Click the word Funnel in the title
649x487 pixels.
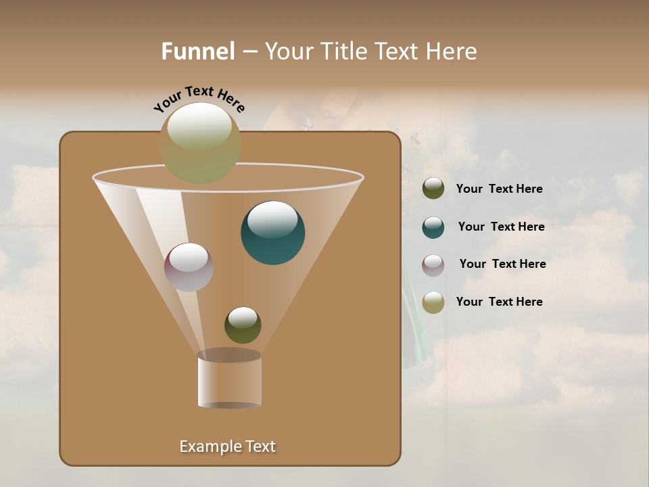[x=197, y=51]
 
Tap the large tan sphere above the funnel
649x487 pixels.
[x=200, y=143]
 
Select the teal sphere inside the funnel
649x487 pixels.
[x=272, y=233]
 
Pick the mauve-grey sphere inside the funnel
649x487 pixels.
[x=189, y=267]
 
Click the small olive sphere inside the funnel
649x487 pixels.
[x=243, y=325]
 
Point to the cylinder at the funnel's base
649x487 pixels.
[x=229, y=380]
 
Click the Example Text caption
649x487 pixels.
[x=227, y=446]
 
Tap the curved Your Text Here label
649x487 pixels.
[x=199, y=99]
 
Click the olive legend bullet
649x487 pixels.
[x=433, y=189]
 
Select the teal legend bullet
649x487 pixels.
[x=433, y=227]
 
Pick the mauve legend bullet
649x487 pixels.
[x=433, y=264]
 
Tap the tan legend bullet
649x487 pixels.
[x=433, y=302]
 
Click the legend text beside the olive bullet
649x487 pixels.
[x=499, y=189]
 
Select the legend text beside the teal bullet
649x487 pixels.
[x=501, y=227]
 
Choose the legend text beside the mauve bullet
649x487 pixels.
[x=502, y=264]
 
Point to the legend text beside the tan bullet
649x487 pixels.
[x=499, y=302]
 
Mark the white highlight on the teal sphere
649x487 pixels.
[x=272, y=219]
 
